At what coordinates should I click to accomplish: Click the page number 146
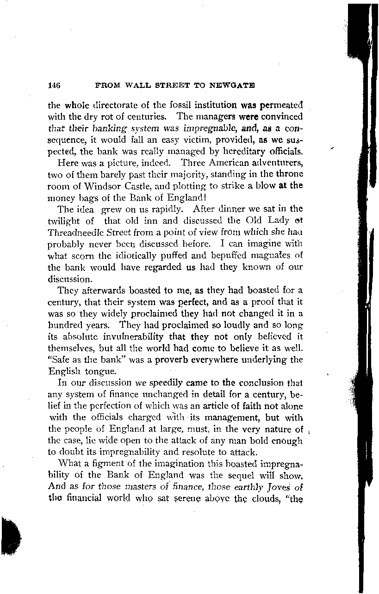point(55,86)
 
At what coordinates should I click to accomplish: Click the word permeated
point(280,105)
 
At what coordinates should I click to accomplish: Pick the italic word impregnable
point(213,128)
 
